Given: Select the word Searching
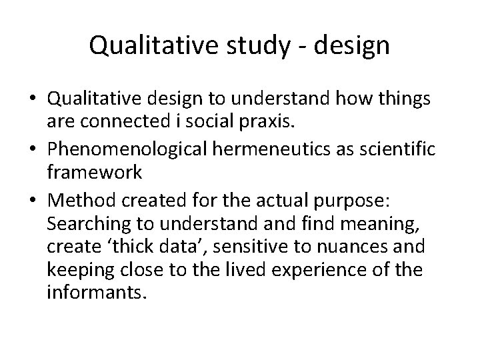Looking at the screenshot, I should coord(82,223).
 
